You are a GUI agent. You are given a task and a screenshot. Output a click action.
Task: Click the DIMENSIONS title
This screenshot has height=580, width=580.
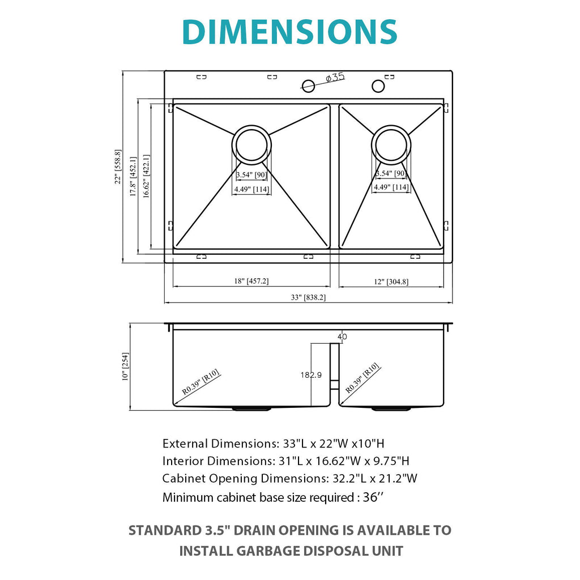coord(289,32)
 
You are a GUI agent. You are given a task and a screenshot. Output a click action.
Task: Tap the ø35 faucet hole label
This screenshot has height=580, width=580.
coord(335,78)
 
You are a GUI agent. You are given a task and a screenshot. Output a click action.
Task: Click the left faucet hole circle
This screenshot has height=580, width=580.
coord(308,86)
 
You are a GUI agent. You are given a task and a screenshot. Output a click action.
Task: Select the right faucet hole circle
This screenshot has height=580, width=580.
coord(378,86)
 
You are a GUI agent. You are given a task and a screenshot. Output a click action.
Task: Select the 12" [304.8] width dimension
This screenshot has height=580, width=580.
coord(390,281)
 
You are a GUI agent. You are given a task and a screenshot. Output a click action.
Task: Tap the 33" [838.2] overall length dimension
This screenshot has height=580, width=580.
coord(308,297)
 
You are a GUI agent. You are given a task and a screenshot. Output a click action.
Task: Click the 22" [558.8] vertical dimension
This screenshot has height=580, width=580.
coord(118,167)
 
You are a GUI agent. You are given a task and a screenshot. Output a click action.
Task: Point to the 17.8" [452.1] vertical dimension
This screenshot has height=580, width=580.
coord(133,176)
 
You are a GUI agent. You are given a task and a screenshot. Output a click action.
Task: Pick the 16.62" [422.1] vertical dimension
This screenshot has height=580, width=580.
coord(147,176)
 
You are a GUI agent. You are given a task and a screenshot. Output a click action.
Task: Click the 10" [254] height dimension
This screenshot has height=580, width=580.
coord(125,366)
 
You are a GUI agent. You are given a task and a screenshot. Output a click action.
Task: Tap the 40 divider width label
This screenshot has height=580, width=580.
coord(342,336)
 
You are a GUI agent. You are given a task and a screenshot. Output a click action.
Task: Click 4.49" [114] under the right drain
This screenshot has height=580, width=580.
coord(391,187)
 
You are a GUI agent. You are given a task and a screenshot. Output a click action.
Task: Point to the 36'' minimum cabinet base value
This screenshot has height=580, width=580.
coord(373,498)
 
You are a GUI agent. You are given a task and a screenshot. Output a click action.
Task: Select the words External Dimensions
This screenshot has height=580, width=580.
coord(217,443)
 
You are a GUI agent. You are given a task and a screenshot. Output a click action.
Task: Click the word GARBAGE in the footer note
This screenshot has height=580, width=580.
coord(264,551)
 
